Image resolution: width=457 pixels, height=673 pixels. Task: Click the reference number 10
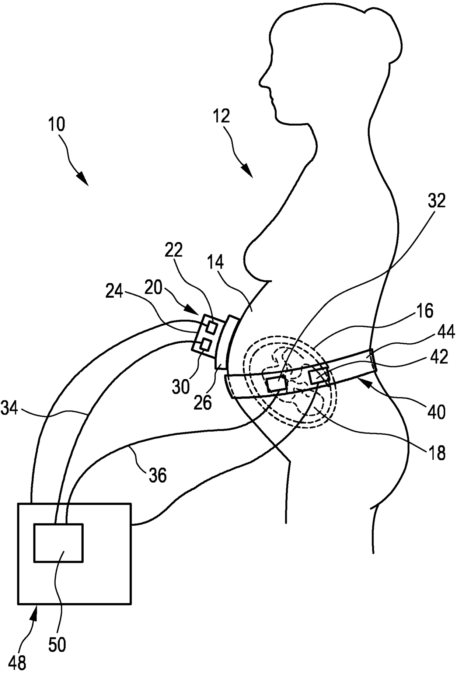[x=56, y=125]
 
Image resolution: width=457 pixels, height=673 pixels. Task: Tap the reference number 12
[x=221, y=116]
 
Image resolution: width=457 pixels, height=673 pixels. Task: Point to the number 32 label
[x=437, y=202]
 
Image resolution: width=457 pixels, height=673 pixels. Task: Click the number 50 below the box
[x=57, y=645]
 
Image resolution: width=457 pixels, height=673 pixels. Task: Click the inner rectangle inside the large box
[x=58, y=543]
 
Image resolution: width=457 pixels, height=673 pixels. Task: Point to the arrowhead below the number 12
[x=247, y=171]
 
